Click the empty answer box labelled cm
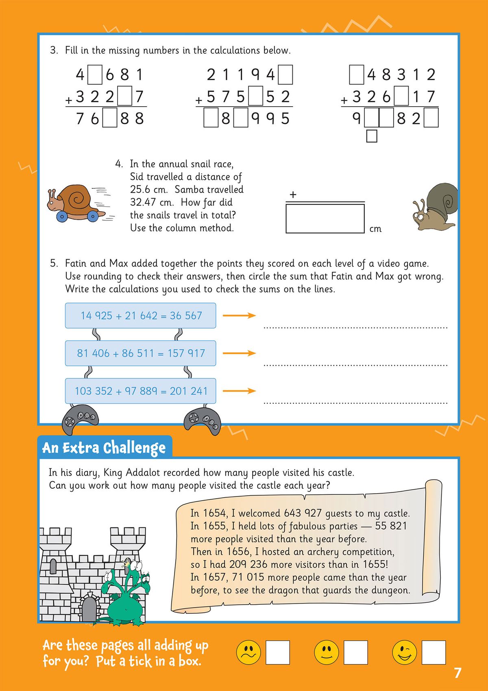click(325, 219)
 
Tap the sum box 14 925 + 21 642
click(140, 315)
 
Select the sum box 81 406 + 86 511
click(140, 353)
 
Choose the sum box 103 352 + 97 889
click(140, 391)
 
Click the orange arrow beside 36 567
click(239, 315)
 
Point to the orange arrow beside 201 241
click(239, 391)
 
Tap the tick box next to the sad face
click(278, 652)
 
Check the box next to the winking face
click(434, 652)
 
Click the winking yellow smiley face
click(404, 652)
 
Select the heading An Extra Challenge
click(104, 448)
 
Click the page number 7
click(457, 673)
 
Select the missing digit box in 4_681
click(95, 75)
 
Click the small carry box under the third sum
click(372, 136)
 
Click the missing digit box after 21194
click(285, 75)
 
